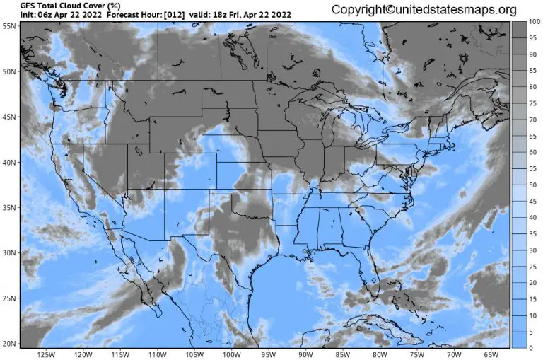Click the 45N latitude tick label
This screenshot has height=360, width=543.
[8, 116]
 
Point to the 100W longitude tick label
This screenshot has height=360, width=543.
[231, 354]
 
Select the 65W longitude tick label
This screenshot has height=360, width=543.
[491, 354]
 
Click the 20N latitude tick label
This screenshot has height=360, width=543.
[8, 344]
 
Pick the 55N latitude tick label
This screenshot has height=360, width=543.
[8, 25]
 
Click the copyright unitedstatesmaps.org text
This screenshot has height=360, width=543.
[424, 10]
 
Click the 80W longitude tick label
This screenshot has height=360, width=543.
[380, 354]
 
